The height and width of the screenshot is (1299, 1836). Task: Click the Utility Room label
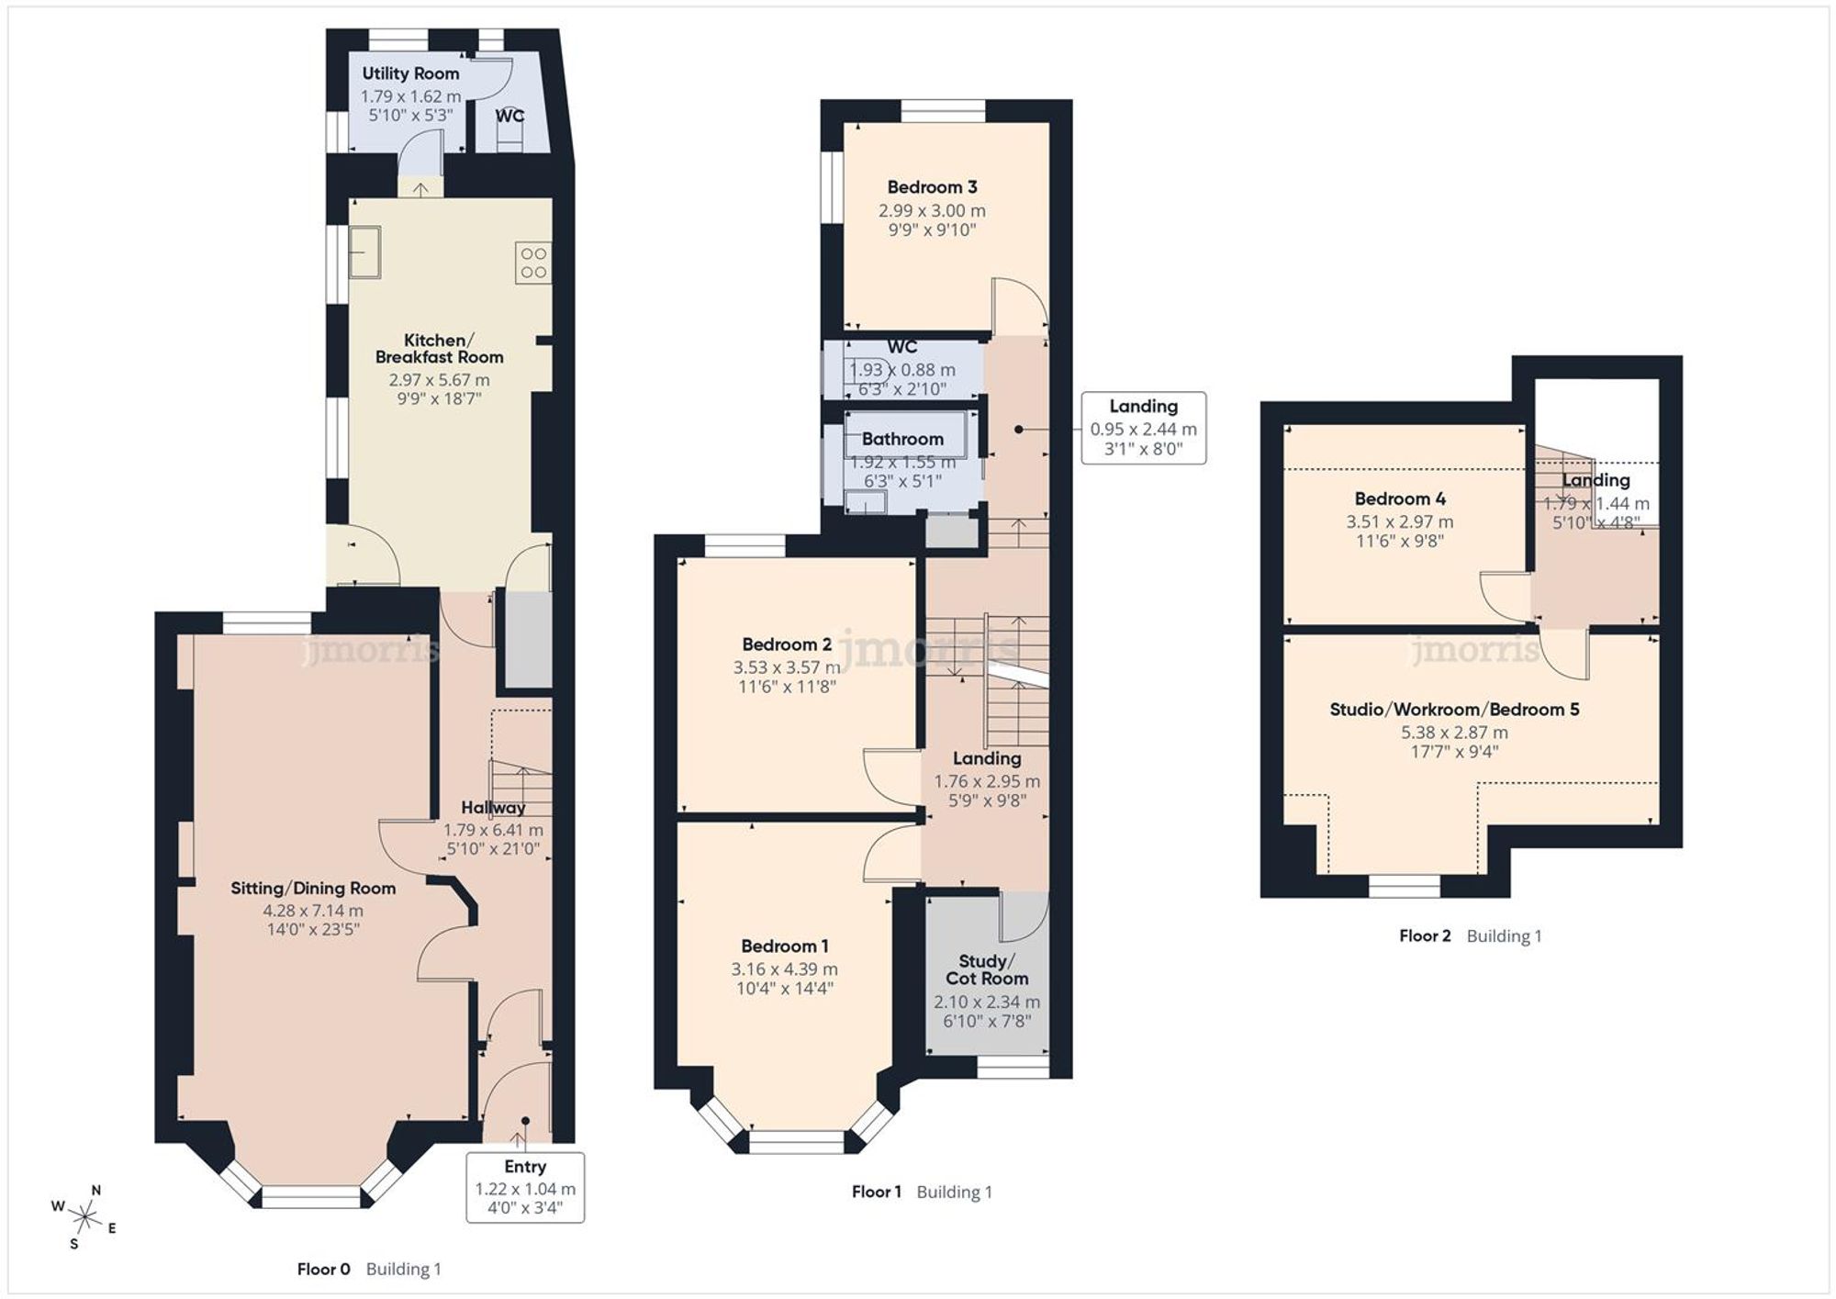(410, 73)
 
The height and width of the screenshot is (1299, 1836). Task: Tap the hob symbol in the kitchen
(533, 263)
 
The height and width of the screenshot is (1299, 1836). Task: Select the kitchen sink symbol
(364, 252)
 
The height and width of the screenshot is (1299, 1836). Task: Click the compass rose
(85, 1218)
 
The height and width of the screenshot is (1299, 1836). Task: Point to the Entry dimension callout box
(525, 1187)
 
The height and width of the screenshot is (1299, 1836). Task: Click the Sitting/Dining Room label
(313, 888)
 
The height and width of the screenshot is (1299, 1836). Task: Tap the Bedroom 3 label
(932, 187)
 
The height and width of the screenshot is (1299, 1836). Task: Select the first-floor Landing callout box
(1143, 428)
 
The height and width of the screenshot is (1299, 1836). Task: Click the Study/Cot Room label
(987, 969)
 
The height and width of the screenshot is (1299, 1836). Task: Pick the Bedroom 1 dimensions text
(784, 979)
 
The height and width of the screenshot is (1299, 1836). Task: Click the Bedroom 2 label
(787, 644)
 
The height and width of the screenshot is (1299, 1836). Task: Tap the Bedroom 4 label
(1400, 498)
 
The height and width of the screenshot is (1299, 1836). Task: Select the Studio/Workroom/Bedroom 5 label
(1454, 709)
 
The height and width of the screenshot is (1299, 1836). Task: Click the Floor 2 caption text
(1425, 935)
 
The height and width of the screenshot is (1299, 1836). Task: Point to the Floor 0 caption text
(323, 1269)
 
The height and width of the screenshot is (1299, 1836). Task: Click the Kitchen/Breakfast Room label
(439, 349)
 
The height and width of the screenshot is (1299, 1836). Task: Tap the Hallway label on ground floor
(493, 808)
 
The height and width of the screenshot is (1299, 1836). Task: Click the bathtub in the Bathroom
(907, 436)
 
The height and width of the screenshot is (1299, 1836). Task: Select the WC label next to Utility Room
(509, 116)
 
